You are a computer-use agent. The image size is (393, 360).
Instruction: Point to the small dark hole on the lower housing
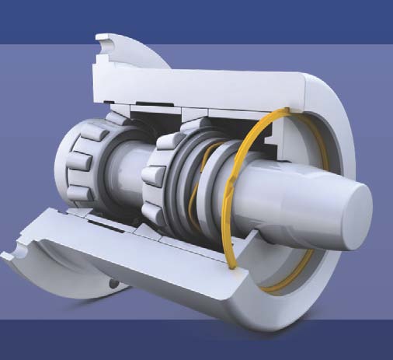pyautogui.click(x=115, y=285)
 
